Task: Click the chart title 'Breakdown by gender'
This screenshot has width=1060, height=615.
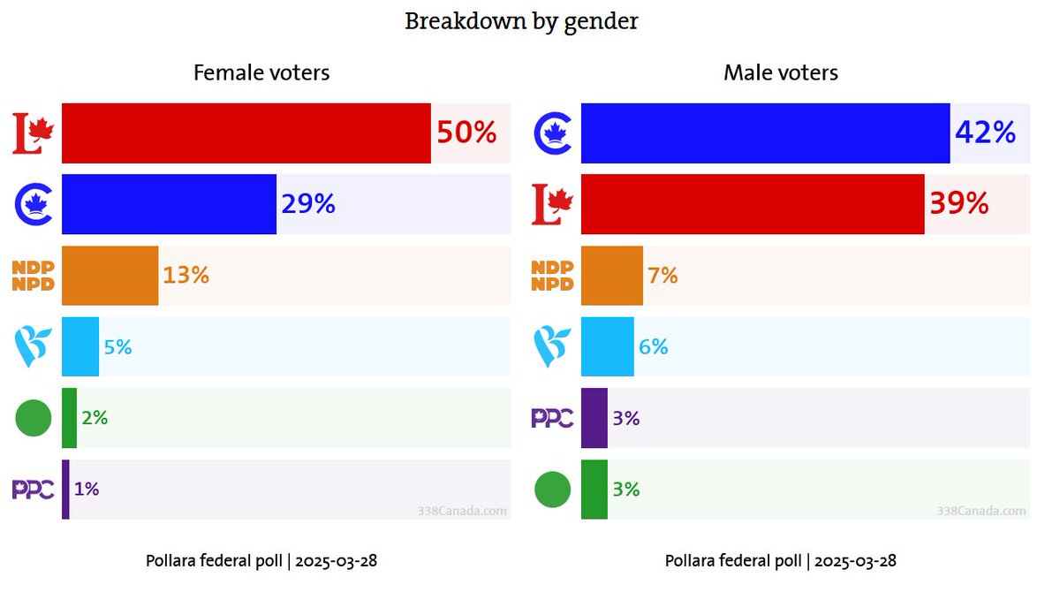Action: click(x=521, y=21)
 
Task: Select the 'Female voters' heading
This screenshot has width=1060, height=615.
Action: click(x=261, y=72)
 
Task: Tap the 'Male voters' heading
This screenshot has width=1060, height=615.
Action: click(x=781, y=72)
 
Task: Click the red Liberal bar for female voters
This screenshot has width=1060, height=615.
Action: click(x=246, y=133)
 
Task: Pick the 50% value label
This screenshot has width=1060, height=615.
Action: click(x=466, y=133)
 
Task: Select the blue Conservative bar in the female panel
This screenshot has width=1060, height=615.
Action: click(x=169, y=204)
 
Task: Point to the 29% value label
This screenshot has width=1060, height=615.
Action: click(x=308, y=204)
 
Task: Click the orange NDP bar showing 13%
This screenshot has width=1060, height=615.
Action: click(x=110, y=276)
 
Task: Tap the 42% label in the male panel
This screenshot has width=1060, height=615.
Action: click(x=985, y=133)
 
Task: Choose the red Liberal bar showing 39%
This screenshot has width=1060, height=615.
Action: click(x=753, y=204)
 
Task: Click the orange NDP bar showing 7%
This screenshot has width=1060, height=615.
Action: click(x=611, y=276)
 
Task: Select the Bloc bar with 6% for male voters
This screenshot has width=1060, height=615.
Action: click(x=607, y=346)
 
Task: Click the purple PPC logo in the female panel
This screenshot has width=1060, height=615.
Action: click(x=34, y=489)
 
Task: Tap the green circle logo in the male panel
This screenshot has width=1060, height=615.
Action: click(x=553, y=489)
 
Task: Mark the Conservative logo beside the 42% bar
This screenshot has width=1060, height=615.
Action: click(x=554, y=133)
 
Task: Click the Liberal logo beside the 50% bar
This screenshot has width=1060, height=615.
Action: click(x=34, y=133)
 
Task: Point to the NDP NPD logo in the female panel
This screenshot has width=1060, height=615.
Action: click(x=34, y=276)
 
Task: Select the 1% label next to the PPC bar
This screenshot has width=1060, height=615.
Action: click(x=86, y=489)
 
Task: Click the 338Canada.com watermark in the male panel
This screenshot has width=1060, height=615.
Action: click(x=980, y=511)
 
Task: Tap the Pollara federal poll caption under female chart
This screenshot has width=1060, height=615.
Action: click(x=261, y=561)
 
